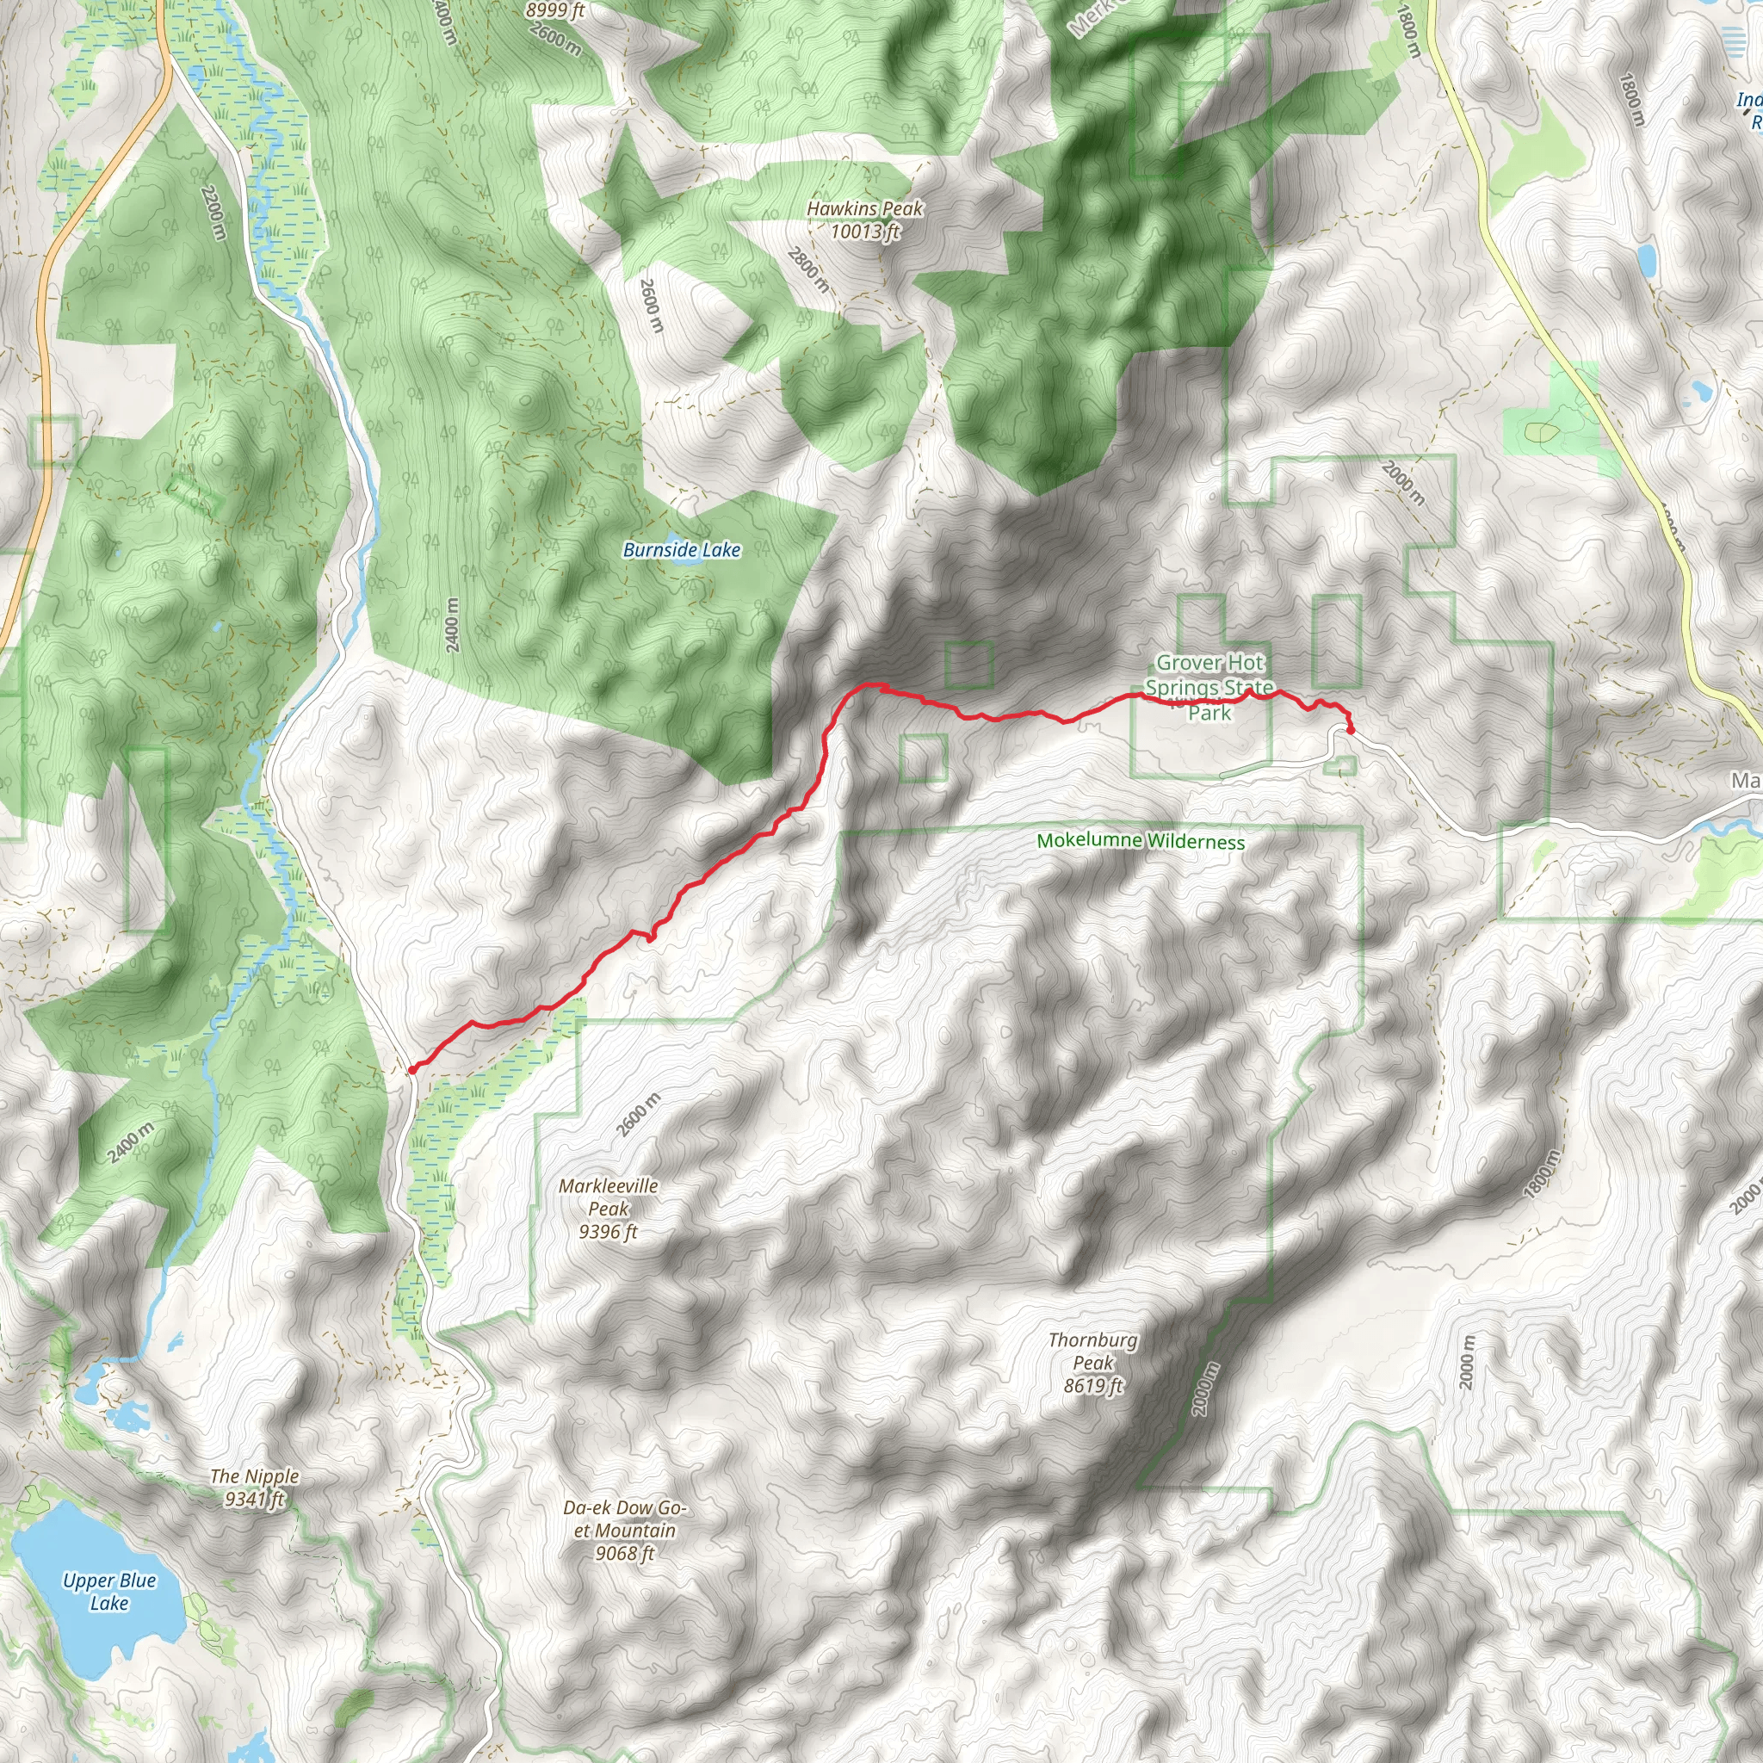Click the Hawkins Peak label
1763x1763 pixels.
pyautogui.click(x=864, y=219)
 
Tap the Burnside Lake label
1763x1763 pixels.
pyautogui.click(x=681, y=549)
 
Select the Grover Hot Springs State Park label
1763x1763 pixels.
pyautogui.click(x=1209, y=687)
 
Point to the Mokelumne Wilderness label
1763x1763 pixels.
pyautogui.click(x=1140, y=840)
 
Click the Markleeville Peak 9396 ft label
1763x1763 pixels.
pyautogui.click(x=608, y=1208)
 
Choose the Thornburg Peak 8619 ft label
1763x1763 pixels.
pyautogui.click(x=1092, y=1363)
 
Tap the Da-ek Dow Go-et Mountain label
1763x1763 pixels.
pyautogui.click(x=624, y=1531)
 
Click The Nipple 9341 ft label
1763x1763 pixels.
pyautogui.click(x=255, y=1488)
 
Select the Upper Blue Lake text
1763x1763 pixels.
pyautogui.click(x=109, y=1592)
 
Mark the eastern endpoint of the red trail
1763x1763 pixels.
pyautogui.click(x=1350, y=729)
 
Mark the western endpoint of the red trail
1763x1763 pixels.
pyautogui.click(x=411, y=1069)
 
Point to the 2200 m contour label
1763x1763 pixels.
pyautogui.click(x=213, y=212)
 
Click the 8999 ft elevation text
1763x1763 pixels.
pyautogui.click(x=555, y=11)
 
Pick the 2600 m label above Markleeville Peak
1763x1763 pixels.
pyautogui.click(x=637, y=1114)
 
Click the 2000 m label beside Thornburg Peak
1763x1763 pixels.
pyautogui.click(x=1204, y=1389)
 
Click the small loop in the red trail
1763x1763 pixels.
pyautogui.click(x=651, y=936)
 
